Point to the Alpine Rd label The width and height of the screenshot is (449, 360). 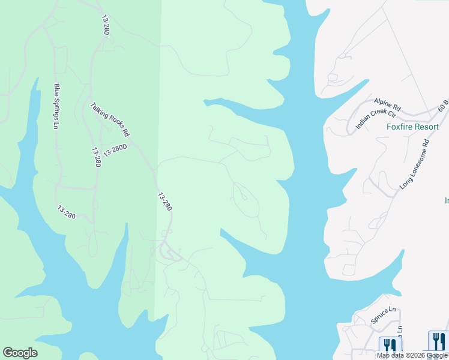pos(387,105)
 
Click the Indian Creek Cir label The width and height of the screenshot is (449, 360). pos(376,115)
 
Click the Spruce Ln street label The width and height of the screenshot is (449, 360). pos(384,315)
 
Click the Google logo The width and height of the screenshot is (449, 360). pos(20,353)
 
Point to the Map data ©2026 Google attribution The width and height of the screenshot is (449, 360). pos(412,355)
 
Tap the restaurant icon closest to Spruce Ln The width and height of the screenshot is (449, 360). pos(390,344)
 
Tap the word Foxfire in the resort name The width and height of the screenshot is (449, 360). pos(399,127)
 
